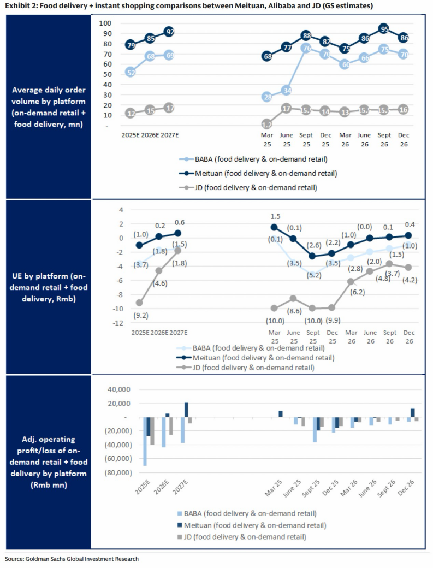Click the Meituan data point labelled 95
point(384,29)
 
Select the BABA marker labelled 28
point(267,97)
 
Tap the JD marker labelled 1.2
point(267,124)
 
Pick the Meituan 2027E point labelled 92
point(169,32)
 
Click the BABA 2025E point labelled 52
point(131,72)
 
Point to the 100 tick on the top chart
point(105,23)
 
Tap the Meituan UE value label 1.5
point(275,217)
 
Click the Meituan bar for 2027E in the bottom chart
point(186,410)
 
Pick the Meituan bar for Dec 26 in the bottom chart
point(413,413)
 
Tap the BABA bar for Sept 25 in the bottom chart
point(315,430)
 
